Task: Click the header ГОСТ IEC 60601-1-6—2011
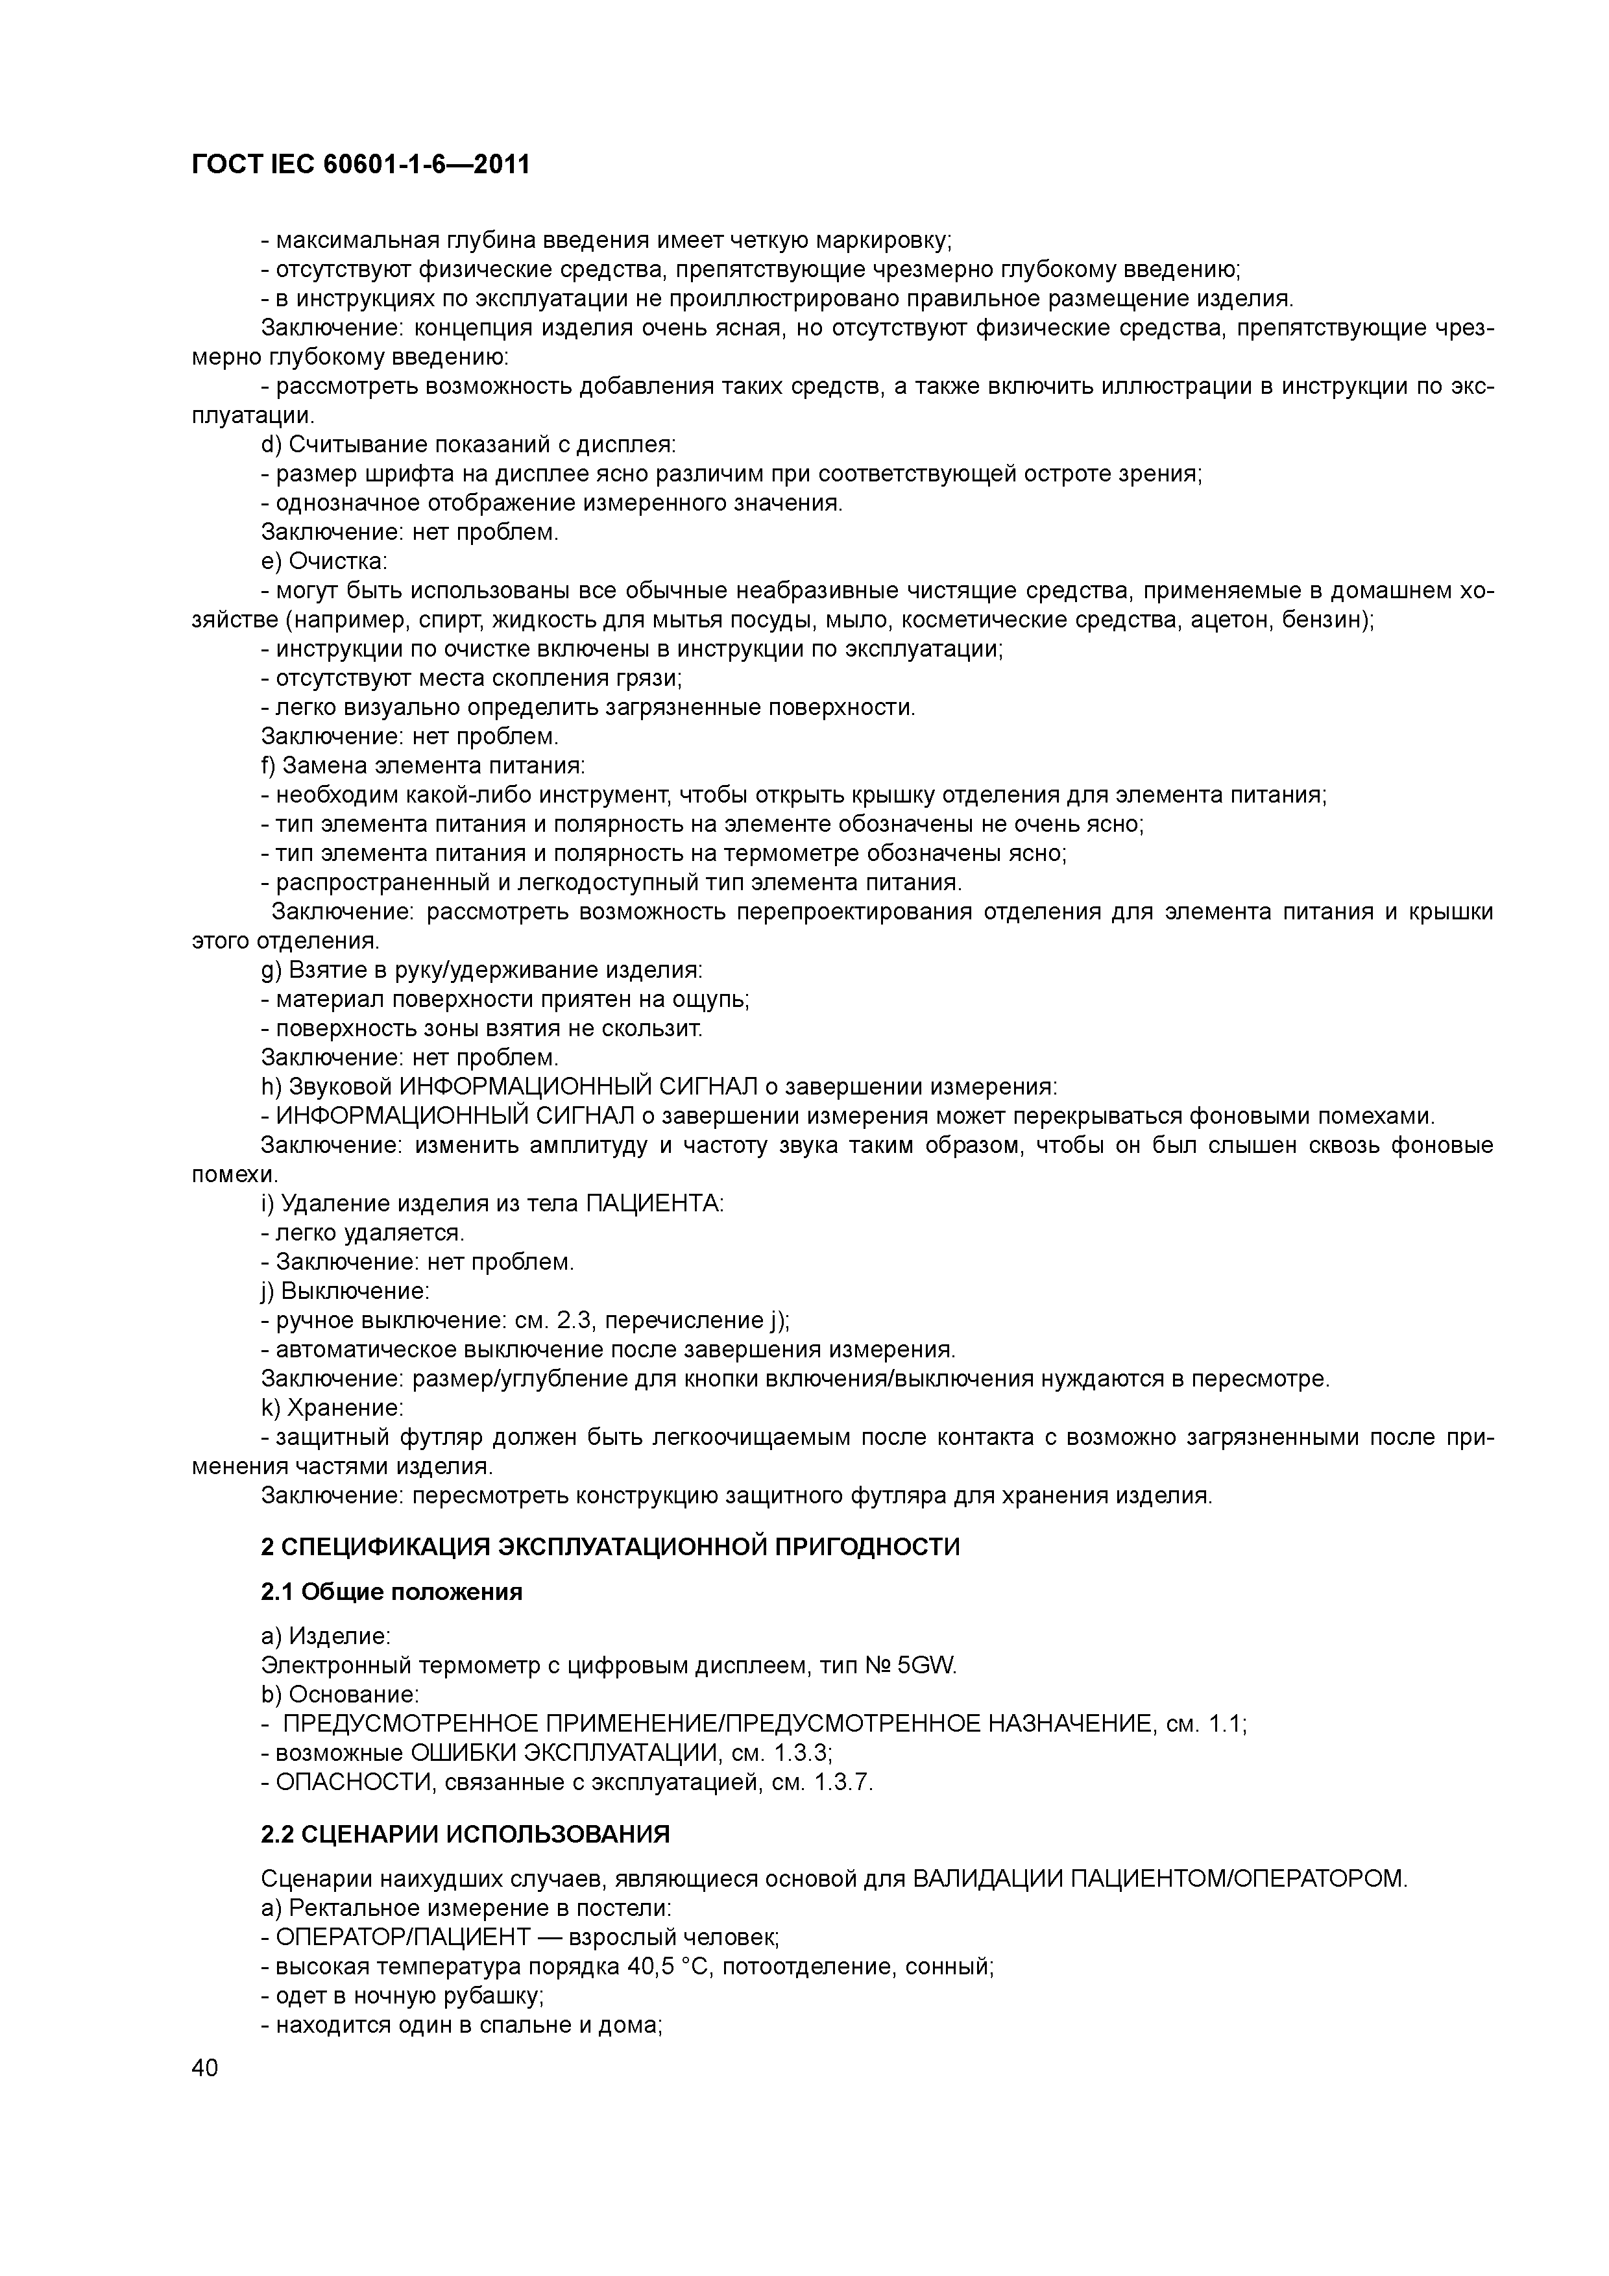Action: (x=360, y=165)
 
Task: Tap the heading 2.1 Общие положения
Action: (x=392, y=1592)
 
